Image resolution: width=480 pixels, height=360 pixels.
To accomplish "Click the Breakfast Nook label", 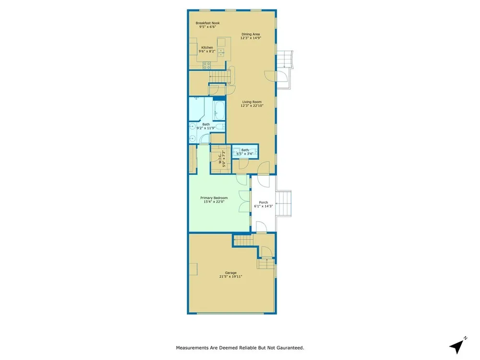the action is click(207, 23).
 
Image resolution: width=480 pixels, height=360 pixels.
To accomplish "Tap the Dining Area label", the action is click(251, 34).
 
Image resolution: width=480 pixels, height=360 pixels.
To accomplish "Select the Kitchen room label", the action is click(207, 48).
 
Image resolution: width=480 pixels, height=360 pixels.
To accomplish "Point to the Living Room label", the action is click(252, 102).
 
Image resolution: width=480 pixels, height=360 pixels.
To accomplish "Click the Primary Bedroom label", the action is click(214, 198).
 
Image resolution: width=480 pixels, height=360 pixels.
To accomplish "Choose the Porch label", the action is click(263, 203).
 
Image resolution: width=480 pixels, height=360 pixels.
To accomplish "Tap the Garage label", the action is click(231, 273).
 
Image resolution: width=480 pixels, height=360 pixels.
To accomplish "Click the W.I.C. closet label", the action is click(219, 159).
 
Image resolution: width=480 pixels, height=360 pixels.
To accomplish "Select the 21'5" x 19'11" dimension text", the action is click(231, 277).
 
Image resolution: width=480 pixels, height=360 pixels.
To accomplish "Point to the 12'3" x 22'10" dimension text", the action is click(252, 106).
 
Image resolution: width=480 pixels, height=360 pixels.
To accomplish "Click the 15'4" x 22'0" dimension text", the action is click(214, 202).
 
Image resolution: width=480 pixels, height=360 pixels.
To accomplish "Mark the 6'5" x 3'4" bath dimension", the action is click(245, 154).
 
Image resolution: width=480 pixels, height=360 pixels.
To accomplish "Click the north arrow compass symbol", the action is click(457, 346).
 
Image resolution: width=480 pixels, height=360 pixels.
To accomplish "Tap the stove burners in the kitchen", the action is click(206, 65).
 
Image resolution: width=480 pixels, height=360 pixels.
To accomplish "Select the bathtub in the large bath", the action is click(219, 110).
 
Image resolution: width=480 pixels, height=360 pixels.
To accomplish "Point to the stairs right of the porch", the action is click(284, 203).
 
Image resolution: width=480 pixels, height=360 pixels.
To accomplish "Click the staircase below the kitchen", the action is click(219, 76).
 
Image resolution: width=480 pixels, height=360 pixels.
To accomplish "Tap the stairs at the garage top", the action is click(244, 240).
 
